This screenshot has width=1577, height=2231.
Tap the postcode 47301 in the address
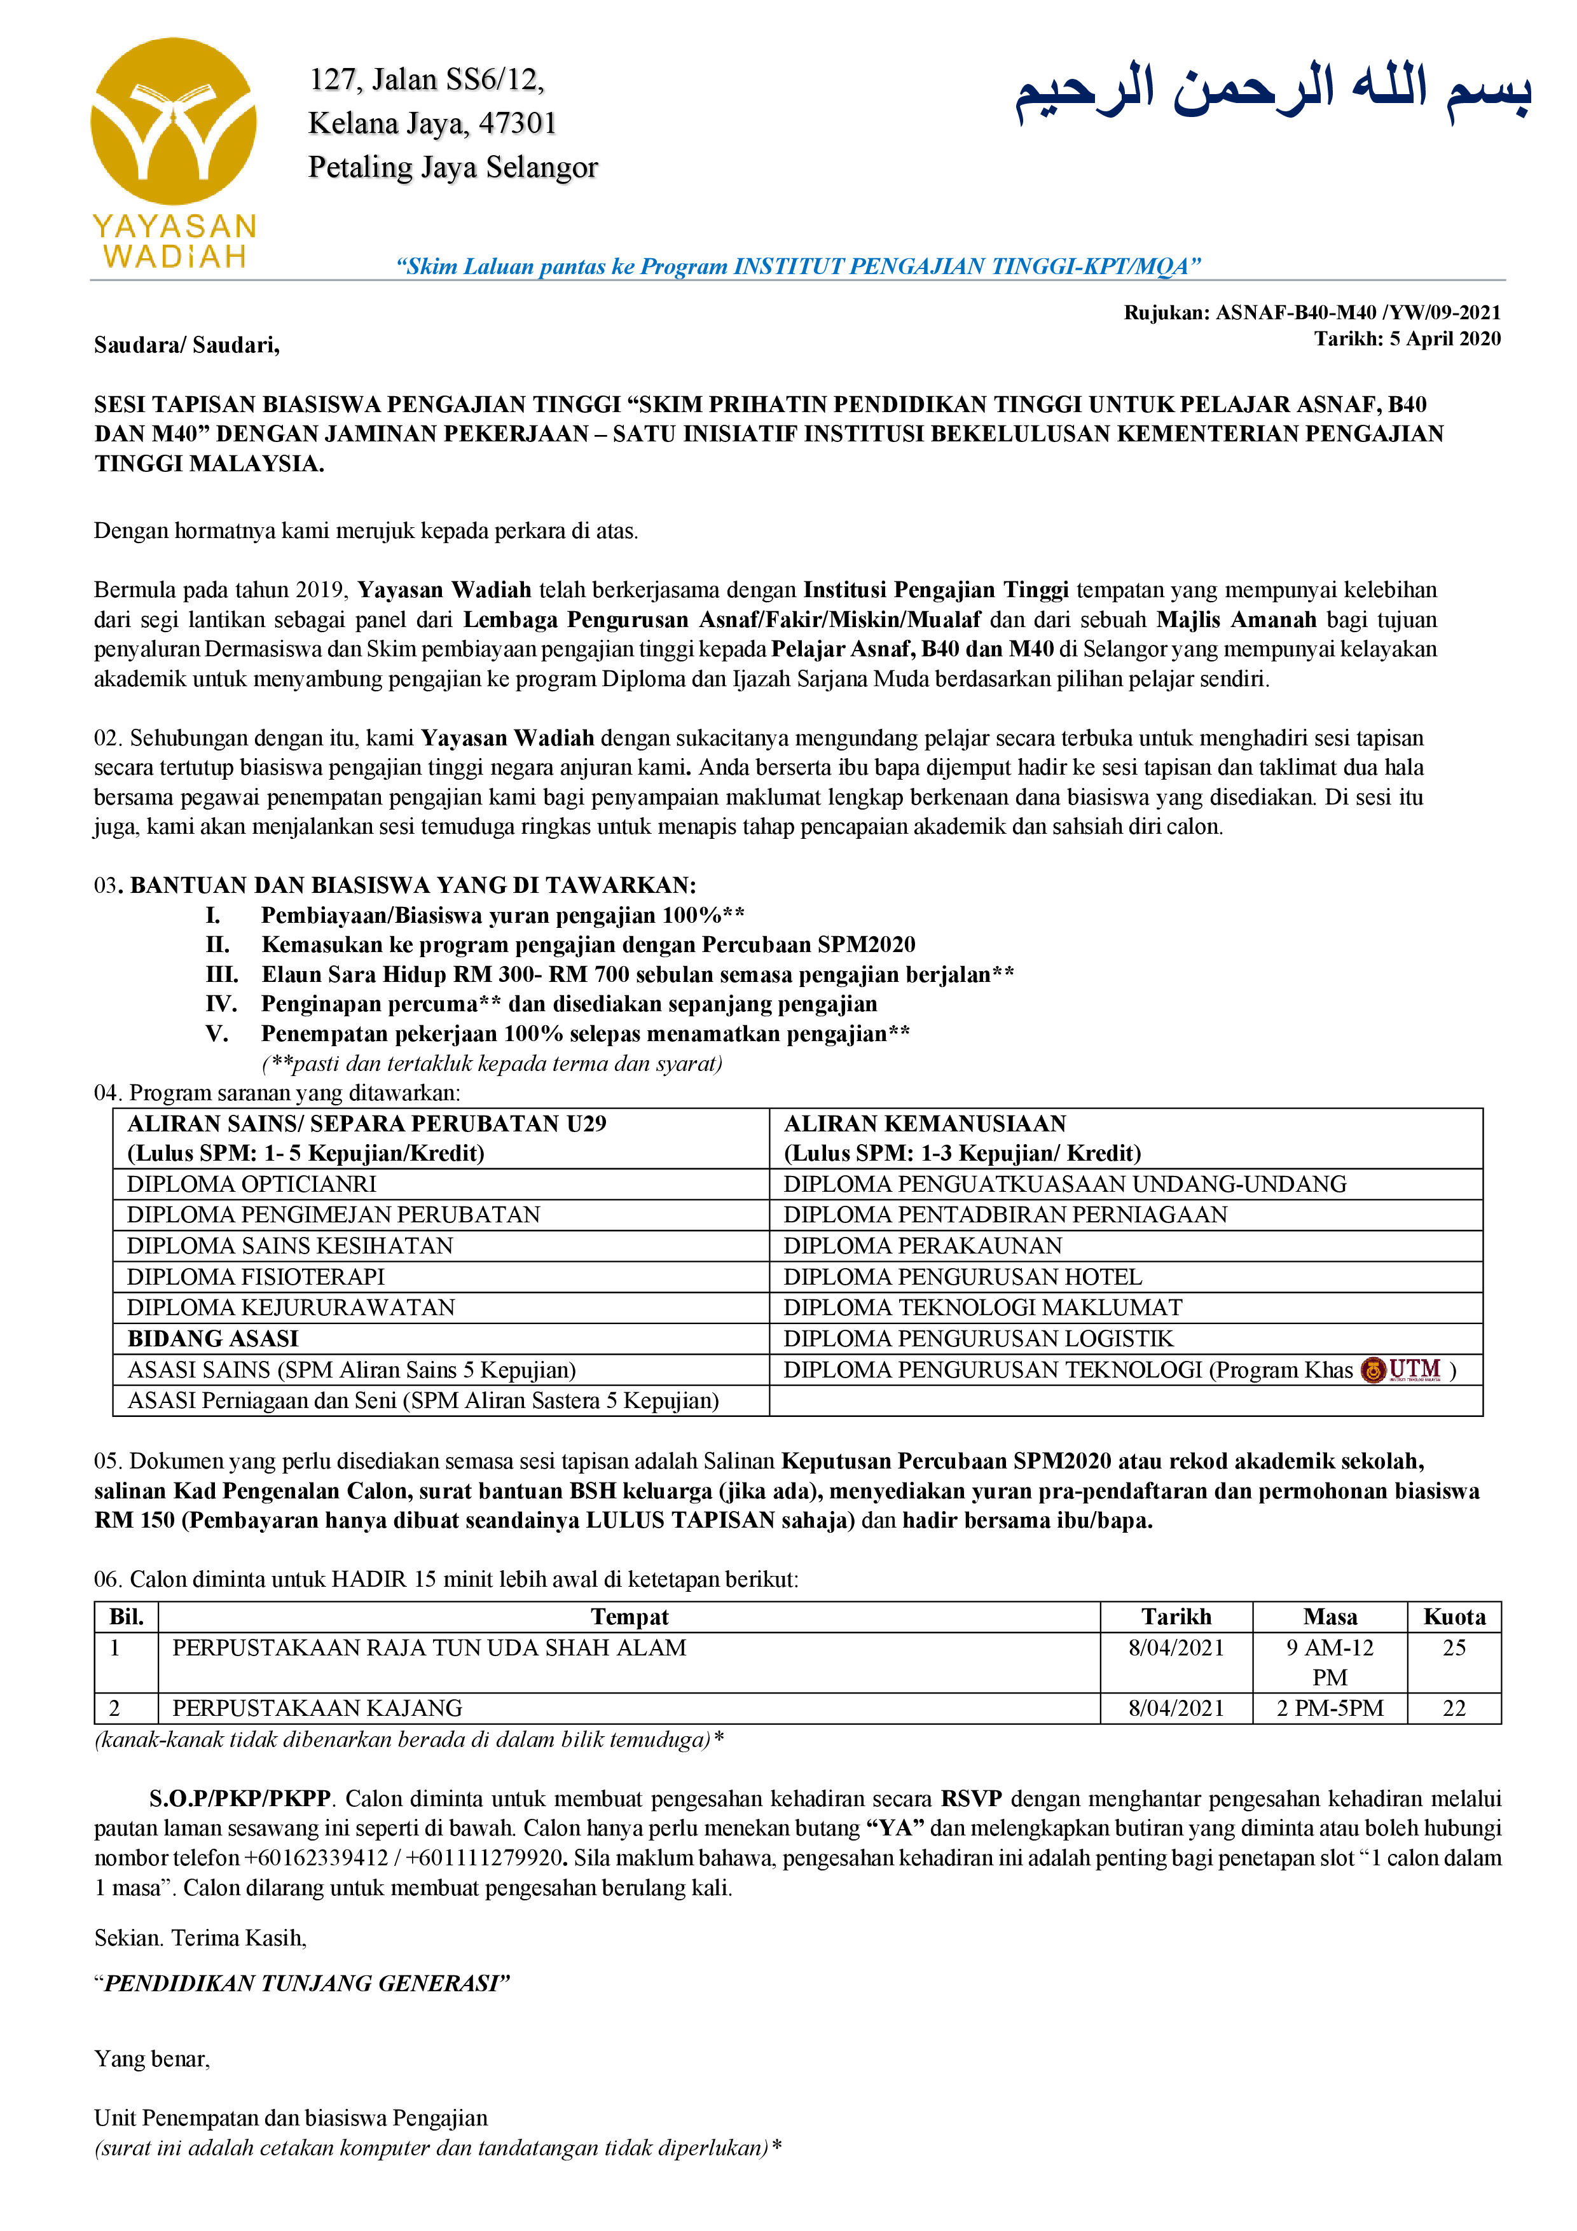coord(517,123)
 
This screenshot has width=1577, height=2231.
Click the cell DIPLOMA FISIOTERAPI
coord(256,1277)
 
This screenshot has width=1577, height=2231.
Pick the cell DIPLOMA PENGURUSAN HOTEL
coord(962,1277)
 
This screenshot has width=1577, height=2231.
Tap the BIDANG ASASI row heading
coord(213,1339)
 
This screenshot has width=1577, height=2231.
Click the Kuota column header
coord(1454,1617)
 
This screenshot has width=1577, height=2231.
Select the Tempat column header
coord(630,1617)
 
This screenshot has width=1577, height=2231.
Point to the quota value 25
coord(1454,1648)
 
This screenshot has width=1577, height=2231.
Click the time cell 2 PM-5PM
coord(1329,1708)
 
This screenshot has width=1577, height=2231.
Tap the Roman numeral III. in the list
coord(221,974)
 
